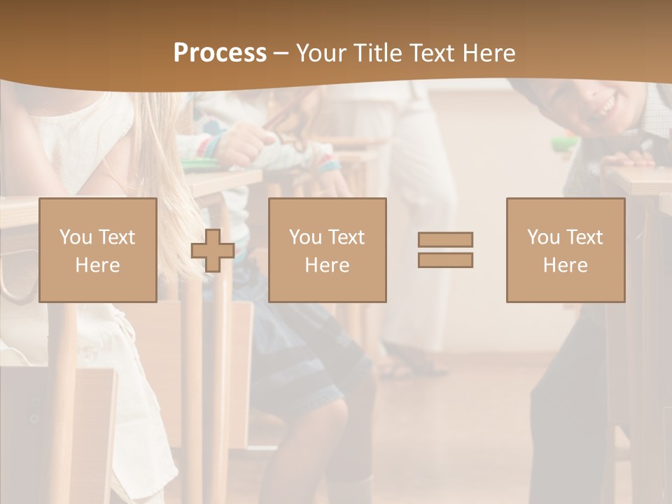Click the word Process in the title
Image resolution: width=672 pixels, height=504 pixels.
[x=220, y=53]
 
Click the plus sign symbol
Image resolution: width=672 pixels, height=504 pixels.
[x=213, y=251]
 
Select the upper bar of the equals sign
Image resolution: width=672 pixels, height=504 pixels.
[x=445, y=239]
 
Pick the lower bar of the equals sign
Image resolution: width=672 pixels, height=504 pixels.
[x=445, y=260]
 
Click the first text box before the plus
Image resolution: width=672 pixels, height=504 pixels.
[x=98, y=250]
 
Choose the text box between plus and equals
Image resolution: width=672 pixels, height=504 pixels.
[x=327, y=250]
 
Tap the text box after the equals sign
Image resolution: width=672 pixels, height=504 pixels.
[x=566, y=250]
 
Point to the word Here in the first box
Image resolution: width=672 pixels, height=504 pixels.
[x=97, y=265]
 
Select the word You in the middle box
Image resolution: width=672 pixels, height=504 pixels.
[x=305, y=237]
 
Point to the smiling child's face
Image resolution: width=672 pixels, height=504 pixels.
[x=598, y=105]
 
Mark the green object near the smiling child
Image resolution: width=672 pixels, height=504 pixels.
[x=564, y=145]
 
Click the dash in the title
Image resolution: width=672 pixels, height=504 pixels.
[x=281, y=53]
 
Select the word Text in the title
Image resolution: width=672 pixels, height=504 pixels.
[x=430, y=53]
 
